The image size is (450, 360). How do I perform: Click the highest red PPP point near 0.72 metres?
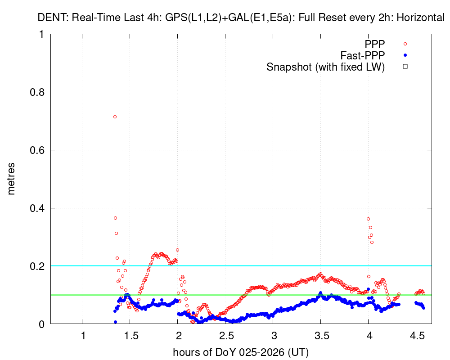coord(115,117)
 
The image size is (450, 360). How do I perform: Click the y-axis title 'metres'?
coord(12,179)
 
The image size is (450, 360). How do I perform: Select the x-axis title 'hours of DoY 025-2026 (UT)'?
coord(241,351)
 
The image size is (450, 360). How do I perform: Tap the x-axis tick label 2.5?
coord(225,336)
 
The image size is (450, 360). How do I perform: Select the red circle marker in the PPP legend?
coord(405,44)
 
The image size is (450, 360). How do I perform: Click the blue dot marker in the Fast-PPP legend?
coord(405,55)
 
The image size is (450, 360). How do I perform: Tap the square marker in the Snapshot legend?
coord(405,67)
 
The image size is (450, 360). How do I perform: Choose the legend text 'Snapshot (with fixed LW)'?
coord(325,67)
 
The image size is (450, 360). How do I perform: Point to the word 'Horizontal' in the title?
coord(422,18)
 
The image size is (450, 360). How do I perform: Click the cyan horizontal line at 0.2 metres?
coord(270,266)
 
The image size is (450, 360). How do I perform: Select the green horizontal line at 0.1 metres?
coord(270,295)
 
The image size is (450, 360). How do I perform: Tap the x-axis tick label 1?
coord(83,336)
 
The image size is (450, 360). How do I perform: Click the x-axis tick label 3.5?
coord(321,336)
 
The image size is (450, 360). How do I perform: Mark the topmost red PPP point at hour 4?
coord(368,219)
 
